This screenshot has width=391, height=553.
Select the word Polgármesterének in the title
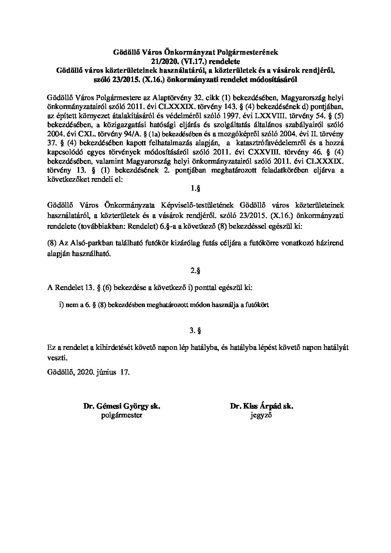coord(250,52)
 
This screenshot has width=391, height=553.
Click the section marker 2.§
coord(196,271)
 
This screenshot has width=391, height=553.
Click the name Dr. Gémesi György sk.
coord(122,406)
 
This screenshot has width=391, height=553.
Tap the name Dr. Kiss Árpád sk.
coord(261,406)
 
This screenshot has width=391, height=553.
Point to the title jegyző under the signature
coord(261,416)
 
